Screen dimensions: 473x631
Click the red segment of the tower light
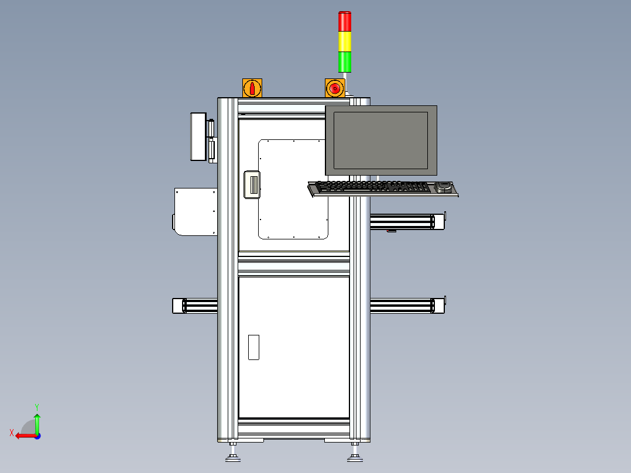[345, 21]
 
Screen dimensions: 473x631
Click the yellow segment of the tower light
[345, 41]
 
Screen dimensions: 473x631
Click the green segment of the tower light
[345, 61]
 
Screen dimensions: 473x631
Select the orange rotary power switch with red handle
[252, 88]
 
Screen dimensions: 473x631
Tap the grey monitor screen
[380, 140]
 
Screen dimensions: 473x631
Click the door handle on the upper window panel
[252, 184]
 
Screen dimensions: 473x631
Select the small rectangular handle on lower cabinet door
[253, 347]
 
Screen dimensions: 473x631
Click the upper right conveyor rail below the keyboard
[404, 222]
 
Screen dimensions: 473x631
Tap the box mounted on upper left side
[198, 136]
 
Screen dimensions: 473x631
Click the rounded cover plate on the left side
[195, 211]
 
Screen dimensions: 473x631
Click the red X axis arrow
[23, 435]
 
